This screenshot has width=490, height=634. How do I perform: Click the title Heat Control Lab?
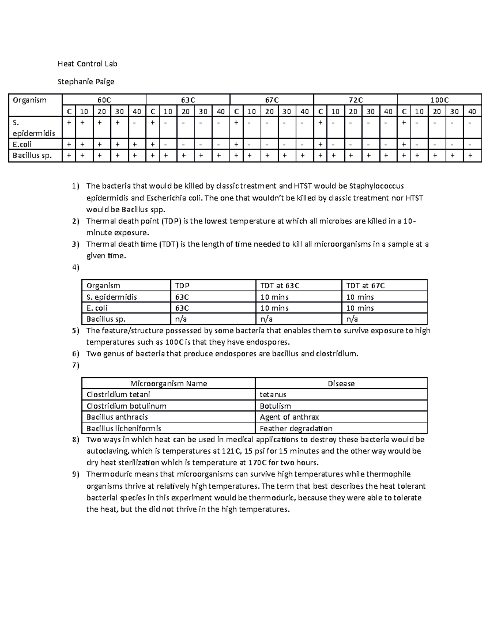point(87,64)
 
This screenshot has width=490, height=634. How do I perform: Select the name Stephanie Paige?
point(86,82)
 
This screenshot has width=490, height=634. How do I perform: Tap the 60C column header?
point(104,100)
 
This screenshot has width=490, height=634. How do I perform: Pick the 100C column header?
point(439,100)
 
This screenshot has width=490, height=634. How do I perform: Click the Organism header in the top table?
point(29,100)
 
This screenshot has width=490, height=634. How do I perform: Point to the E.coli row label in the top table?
point(22,144)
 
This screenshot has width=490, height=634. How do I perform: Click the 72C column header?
point(355,100)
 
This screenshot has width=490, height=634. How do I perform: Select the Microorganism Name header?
point(168,384)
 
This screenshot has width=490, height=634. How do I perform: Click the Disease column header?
point(341,384)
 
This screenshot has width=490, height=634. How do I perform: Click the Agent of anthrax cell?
point(289,417)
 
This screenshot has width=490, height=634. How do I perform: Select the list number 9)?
point(75,474)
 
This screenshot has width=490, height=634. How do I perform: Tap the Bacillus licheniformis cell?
point(124,429)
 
